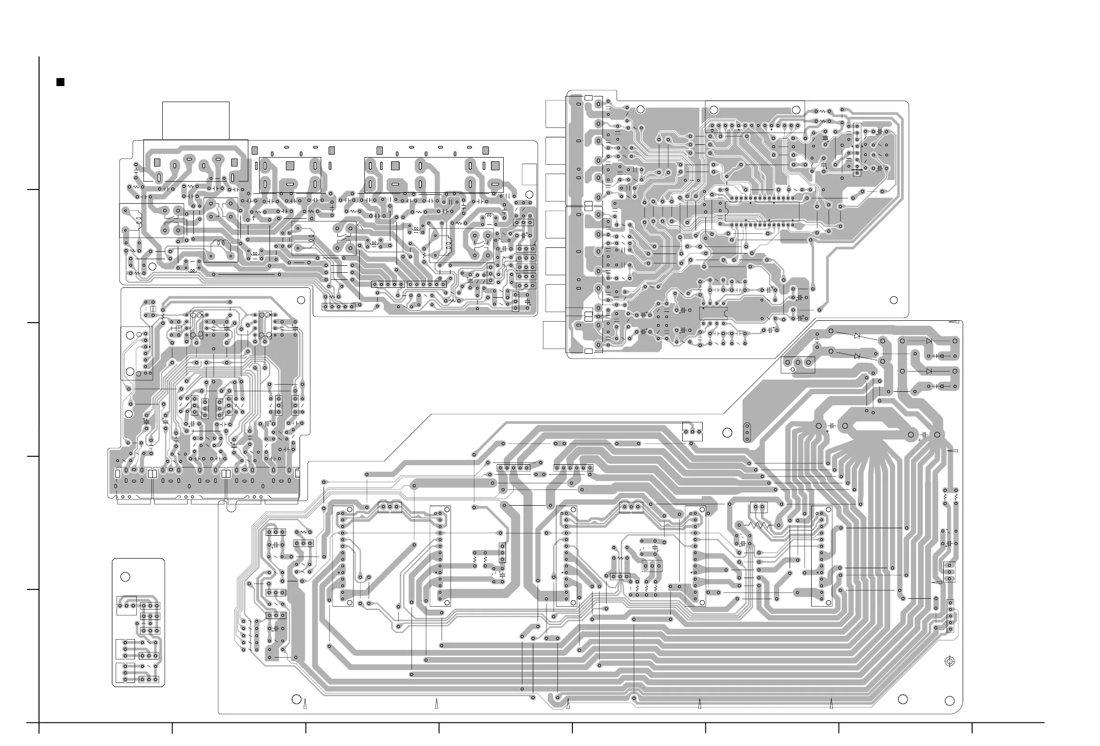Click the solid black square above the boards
point(60,82)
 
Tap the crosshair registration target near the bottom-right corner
point(949,662)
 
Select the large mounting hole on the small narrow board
point(125,577)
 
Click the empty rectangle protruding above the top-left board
point(196,120)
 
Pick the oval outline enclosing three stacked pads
point(747,432)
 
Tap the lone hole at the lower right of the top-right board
point(894,300)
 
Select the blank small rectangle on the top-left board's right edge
point(529,174)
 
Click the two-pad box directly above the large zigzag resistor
point(759,508)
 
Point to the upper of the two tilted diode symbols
point(857,336)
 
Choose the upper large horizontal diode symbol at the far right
point(929,341)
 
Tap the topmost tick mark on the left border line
point(32,190)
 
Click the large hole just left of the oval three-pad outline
point(728,432)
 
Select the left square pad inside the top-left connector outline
point(158,162)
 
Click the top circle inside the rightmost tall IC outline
point(828,509)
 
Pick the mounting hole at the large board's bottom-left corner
point(296,699)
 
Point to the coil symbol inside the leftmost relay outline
point(139,220)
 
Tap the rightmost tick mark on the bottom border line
point(972,728)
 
